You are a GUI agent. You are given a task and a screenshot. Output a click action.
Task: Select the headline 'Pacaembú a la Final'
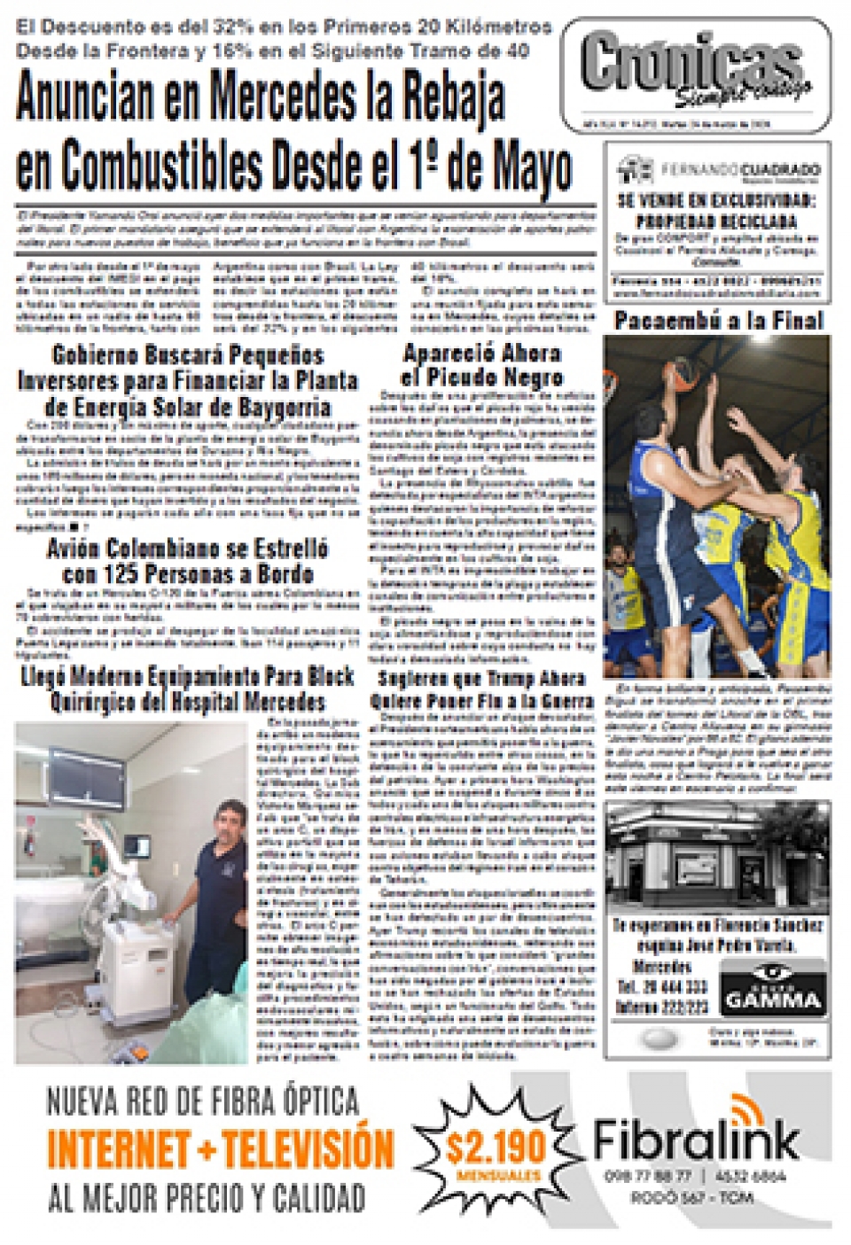pos(718,320)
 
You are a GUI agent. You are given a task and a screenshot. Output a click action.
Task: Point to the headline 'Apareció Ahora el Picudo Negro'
pos(481,365)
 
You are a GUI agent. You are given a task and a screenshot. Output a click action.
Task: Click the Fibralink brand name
pos(696,1140)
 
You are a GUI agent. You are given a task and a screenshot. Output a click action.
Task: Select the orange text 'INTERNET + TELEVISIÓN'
pos(220,1148)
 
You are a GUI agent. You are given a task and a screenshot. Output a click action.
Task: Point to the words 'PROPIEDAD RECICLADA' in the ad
pos(716,221)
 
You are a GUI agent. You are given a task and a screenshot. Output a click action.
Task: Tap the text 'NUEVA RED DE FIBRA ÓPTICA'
pos(203,1102)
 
